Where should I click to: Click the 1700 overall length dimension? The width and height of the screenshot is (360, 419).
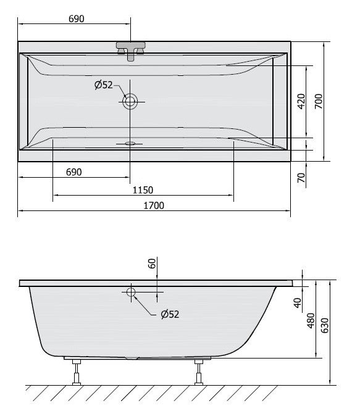[x=154, y=205]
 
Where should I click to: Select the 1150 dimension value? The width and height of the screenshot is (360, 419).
[x=143, y=190]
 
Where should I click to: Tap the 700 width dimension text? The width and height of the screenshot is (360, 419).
[x=319, y=101]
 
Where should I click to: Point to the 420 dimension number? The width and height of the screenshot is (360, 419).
[x=301, y=101]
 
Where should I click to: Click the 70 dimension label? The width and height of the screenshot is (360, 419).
[x=301, y=178]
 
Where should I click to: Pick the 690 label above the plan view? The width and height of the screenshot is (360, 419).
[x=75, y=19]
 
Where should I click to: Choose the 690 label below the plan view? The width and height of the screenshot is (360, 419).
[x=73, y=172]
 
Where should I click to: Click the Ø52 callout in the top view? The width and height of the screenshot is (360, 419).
[x=104, y=85]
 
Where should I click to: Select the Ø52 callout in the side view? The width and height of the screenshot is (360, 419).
[x=169, y=314]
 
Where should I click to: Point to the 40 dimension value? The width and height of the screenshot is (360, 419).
[x=297, y=302]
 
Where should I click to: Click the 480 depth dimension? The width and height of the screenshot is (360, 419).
[x=311, y=319]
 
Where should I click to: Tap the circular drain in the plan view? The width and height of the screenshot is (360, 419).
[x=130, y=101]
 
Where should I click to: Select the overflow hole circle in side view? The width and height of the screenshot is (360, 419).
[x=131, y=292]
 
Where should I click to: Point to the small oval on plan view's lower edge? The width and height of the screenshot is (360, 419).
[x=130, y=144]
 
